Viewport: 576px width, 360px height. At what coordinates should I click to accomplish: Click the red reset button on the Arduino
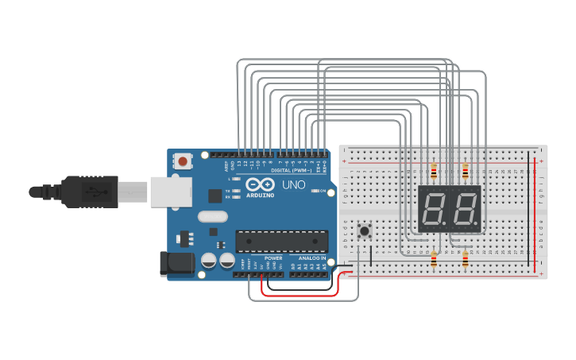184,161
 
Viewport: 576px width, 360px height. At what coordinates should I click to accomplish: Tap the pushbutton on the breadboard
365,232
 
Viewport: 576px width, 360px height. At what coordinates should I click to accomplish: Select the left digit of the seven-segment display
435,209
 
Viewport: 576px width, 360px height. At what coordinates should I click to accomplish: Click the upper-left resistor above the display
434,171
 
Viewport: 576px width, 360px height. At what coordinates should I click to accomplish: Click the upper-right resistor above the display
466,171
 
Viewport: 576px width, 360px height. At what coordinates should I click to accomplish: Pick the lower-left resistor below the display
434,259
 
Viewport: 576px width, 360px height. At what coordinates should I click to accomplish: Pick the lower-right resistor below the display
466,259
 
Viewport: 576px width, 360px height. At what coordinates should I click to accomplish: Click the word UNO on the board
295,185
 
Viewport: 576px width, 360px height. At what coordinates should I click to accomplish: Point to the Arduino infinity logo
260,184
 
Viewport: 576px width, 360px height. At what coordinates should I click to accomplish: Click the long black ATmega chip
282,241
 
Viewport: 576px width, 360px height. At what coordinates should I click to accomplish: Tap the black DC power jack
176,265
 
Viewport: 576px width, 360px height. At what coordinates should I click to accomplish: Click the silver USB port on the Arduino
170,192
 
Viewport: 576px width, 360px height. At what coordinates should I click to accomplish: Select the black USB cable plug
95,192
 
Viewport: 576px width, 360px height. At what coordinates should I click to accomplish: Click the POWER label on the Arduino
273,258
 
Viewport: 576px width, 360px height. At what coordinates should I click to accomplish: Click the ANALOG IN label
312,258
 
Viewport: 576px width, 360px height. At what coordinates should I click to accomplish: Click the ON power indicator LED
316,192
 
